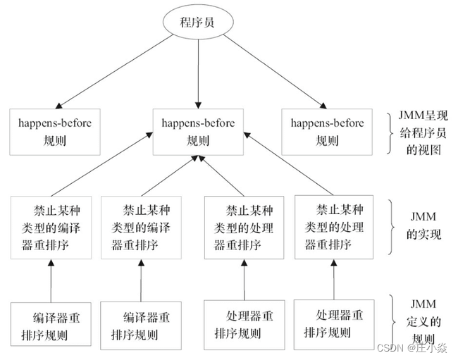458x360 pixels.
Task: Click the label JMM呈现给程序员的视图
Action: click(421, 132)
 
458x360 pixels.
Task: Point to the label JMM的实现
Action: click(423, 226)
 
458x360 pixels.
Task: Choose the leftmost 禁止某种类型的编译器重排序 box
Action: click(50, 227)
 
